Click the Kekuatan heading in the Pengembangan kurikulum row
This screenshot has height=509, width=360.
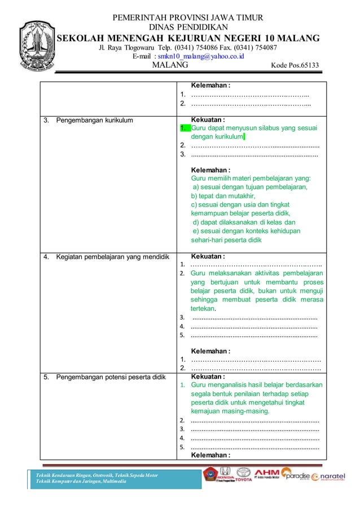[x=208, y=120]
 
